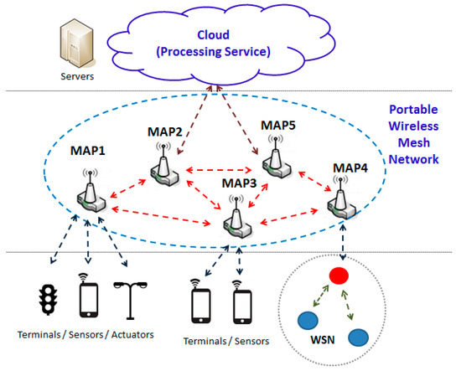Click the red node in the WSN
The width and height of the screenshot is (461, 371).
click(339, 276)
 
